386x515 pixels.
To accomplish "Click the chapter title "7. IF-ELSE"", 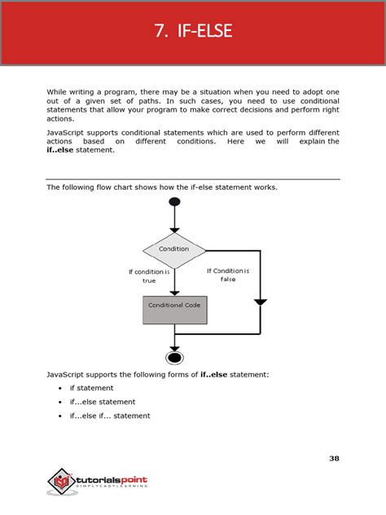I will coord(193,32).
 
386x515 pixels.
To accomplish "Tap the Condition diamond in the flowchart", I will coord(173,249).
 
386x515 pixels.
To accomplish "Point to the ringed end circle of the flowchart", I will coord(173,357).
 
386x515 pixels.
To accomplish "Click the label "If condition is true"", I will coord(148,276).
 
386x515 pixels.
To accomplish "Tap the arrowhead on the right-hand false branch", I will coord(260,302).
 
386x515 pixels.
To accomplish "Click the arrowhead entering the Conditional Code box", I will coord(173,291).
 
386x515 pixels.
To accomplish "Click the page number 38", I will coord(334,458).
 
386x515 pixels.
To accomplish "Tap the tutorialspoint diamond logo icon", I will coord(60,482).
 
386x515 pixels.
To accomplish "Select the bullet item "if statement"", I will coord(91,388).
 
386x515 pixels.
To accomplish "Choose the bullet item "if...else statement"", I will coord(103,402).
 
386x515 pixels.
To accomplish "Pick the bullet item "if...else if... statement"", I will coord(110,416).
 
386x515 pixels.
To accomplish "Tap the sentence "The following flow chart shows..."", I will coord(162,187).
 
